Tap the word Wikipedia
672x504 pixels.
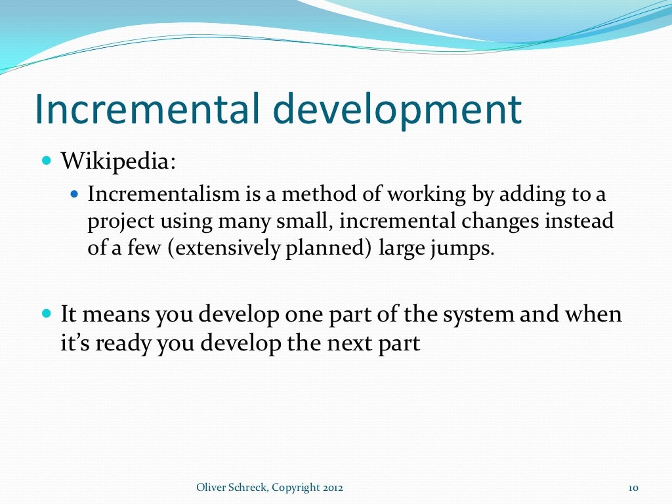118,161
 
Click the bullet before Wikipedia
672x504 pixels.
46,160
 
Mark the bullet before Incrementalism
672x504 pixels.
74,195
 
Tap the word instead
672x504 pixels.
581,222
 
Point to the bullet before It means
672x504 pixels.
46,314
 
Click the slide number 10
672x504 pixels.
634,487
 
